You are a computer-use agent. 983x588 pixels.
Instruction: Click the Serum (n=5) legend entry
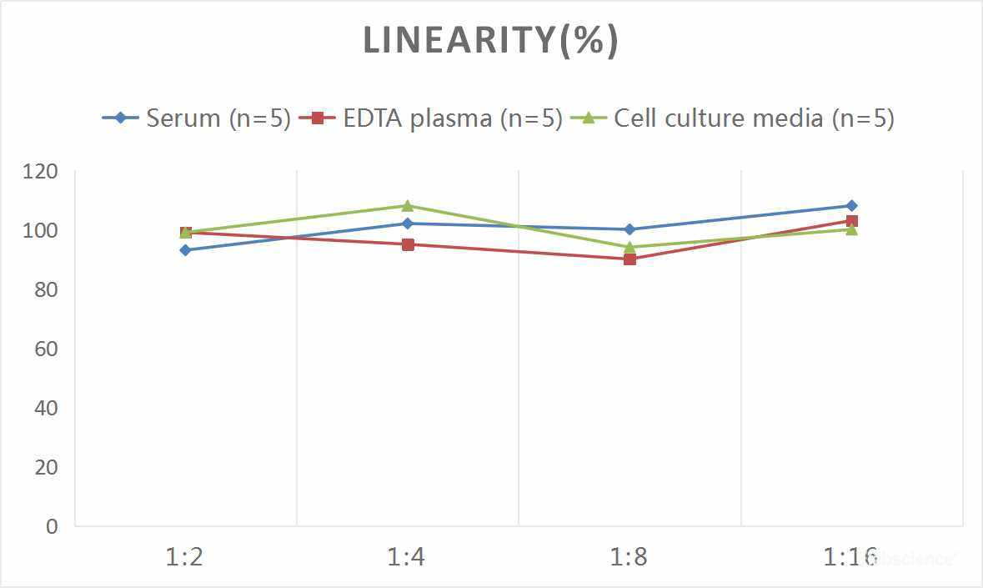pos(197,118)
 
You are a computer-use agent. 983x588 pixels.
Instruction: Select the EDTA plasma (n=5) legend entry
pos(432,118)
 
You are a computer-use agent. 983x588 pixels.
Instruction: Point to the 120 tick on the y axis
pos(42,171)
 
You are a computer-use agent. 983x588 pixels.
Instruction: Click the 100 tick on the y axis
pos(42,230)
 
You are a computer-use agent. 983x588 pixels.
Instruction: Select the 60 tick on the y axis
pos(47,349)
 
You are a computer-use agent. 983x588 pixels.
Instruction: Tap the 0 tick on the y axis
pos(53,526)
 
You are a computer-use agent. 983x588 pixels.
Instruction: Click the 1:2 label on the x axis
pos(185,556)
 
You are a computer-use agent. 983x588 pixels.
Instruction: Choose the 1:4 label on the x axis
pos(407,556)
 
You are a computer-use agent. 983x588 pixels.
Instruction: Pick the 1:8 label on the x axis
pos(629,556)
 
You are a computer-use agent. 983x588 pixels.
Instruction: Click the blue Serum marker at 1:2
pos(185,250)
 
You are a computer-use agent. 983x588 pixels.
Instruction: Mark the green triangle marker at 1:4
pos(408,206)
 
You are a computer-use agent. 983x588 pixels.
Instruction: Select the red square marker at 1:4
pos(408,244)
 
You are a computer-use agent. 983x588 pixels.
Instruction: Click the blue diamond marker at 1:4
pos(408,224)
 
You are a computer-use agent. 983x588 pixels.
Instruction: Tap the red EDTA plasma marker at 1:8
pos(629,259)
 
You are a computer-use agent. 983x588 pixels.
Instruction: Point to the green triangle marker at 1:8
pos(629,247)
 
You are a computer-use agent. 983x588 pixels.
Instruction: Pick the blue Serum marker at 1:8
pos(629,229)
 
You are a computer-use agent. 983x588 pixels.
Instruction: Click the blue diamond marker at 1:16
pos(851,205)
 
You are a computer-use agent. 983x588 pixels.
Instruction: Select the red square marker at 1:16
pos(851,221)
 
